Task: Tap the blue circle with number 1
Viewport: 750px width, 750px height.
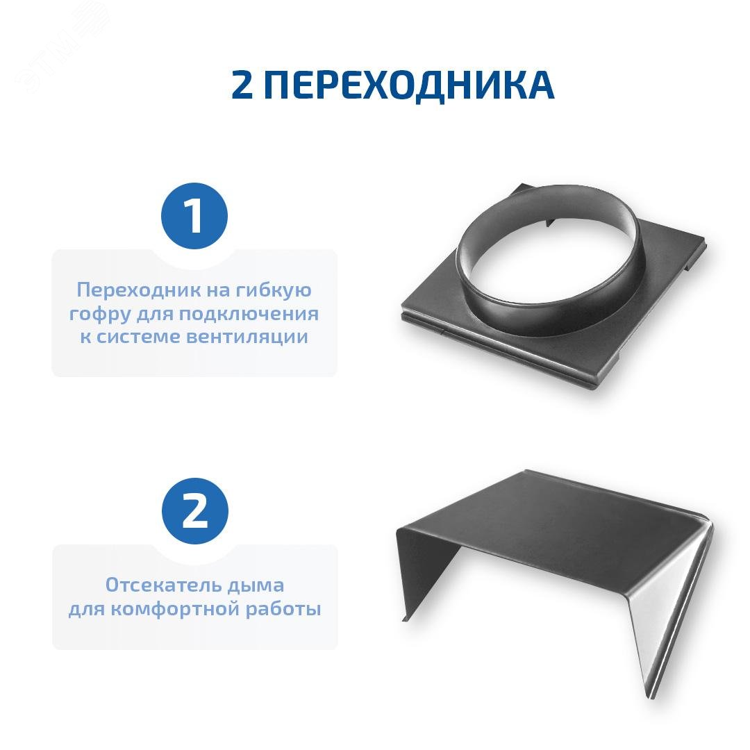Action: click(x=194, y=216)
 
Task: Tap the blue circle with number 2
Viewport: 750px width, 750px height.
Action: click(x=194, y=512)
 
